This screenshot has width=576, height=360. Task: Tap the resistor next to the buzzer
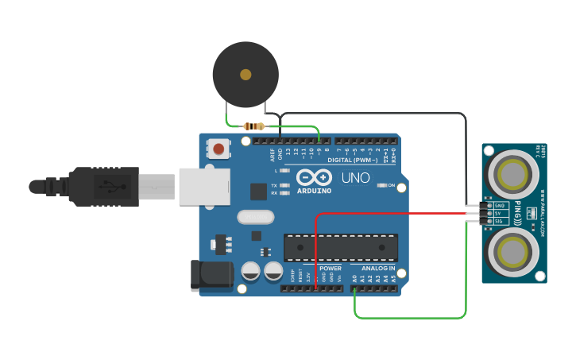point(254,126)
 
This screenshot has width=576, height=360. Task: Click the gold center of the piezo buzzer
point(245,74)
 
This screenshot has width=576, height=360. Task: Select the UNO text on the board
point(355,178)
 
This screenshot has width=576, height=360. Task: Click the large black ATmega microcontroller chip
point(341,247)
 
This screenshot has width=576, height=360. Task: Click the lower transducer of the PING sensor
point(512,250)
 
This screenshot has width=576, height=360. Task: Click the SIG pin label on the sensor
point(499,221)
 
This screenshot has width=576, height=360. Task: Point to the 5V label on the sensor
point(498,213)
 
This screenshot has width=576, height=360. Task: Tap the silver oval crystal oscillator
point(255,217)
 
